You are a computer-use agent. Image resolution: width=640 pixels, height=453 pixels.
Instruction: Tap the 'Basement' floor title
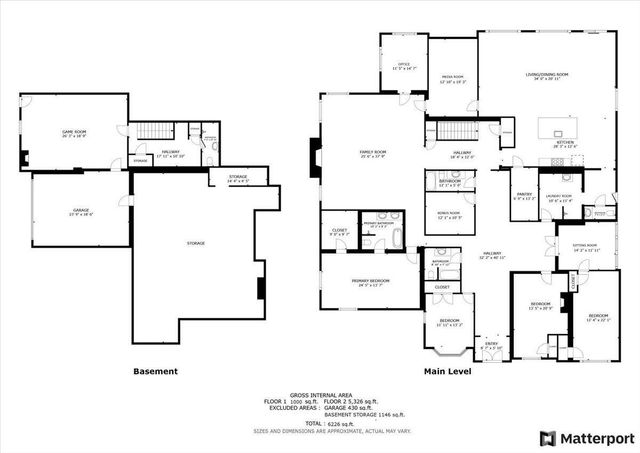pos(155,371)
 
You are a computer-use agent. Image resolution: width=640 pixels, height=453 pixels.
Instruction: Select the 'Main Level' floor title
pos(447,371)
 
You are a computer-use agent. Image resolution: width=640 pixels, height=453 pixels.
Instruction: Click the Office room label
pos(403,66)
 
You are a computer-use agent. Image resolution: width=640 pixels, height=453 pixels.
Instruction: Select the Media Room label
pos(453,81)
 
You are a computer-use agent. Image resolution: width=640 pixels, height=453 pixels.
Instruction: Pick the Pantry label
pos(525,196)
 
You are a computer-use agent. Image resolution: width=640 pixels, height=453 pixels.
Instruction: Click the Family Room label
pos(373,153)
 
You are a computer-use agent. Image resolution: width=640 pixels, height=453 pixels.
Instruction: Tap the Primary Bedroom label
pos(370,281)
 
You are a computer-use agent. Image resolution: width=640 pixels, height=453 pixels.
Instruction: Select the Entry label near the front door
pos(491,346)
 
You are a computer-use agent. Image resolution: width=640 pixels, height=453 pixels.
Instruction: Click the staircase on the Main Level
pos(456,131)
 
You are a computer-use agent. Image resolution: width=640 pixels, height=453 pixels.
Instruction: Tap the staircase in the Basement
pos(154,131)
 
